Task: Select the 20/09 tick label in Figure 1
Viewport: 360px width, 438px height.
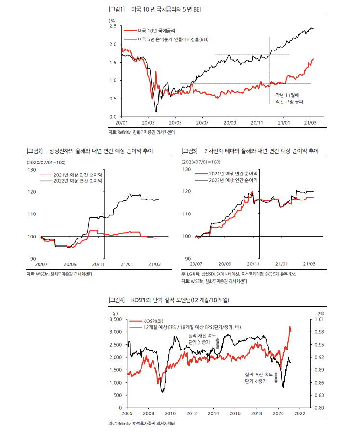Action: pyautogui.click(x=230, y=123)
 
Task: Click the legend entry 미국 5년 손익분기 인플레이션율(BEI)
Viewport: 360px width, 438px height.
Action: pyautogui.click(x=173, y=38)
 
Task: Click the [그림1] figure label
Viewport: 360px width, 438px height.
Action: pyautogui.click(x=117, y=10)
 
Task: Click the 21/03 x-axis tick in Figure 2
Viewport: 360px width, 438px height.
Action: pyautogui.click(x=154, y=264)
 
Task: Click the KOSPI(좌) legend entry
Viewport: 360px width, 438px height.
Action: pyautogui.click(x=154, y=320)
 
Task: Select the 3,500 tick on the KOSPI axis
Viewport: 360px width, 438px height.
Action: pyautogui.click(x=116, y=319)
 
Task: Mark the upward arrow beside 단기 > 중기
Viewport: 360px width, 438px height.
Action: pyautogui.click(x=217, y=342)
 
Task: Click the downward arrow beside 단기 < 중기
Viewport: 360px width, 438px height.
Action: pyautogui.click(x=276, y=377)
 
